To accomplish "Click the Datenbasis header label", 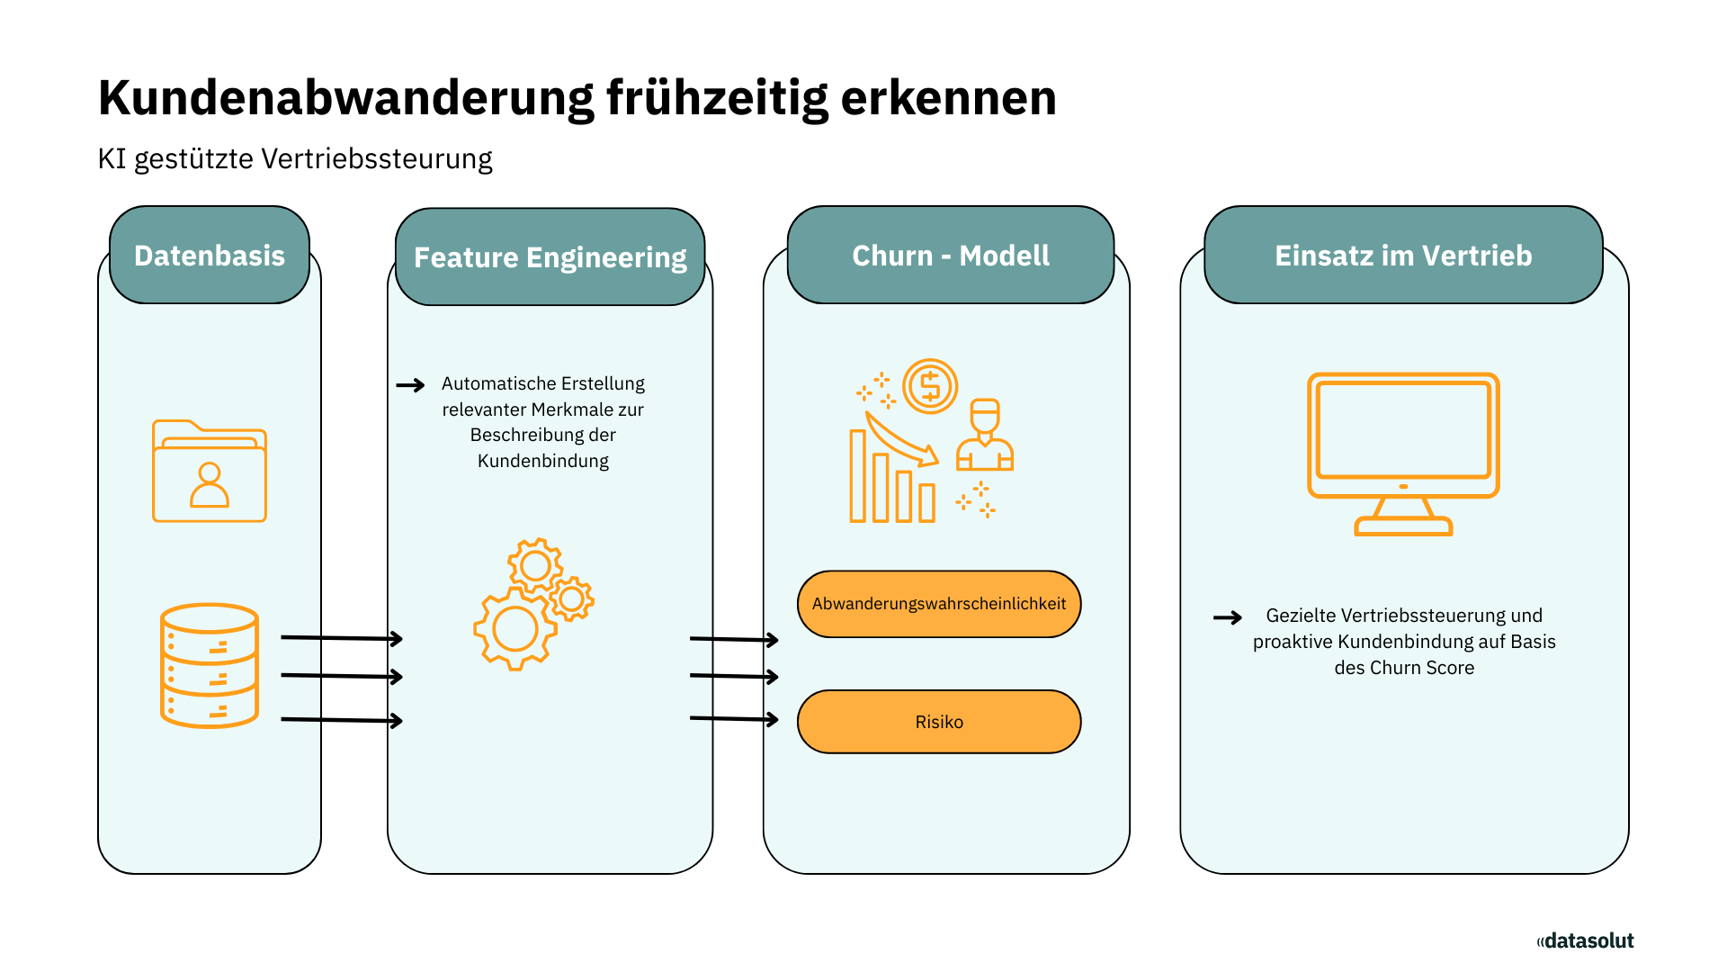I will [210, 256].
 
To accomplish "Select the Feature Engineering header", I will [550, 257].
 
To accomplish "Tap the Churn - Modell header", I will [951, 256].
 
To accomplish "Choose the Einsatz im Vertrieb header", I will [1403, 256].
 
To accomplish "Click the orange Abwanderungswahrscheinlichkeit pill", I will [939, 604].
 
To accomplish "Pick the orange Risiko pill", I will [939, 722].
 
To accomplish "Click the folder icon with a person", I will [210, 471].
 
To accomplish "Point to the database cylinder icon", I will [210, 665].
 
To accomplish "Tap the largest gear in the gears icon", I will [515, 628].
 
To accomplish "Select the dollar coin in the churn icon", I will [930, 387].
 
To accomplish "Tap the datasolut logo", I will [1585, 940].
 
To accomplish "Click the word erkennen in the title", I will [948, 97].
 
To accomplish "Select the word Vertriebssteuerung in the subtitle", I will [377, 159].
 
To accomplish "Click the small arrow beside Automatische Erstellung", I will [411, 385].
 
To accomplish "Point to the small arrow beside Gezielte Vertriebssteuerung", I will [1228, 617].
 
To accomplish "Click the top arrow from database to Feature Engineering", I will [342, 638].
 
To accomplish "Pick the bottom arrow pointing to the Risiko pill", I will [734, 718].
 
